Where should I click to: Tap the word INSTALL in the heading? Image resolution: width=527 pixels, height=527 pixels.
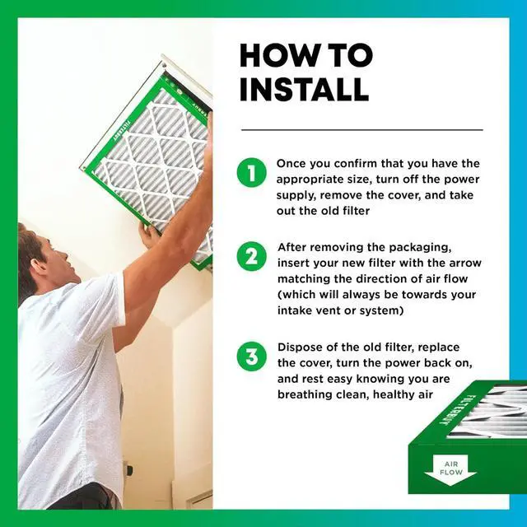(x=304, y=90)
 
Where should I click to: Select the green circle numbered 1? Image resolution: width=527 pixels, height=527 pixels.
(x=252, y=173)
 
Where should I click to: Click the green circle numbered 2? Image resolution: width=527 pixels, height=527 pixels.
(x=252, y=256)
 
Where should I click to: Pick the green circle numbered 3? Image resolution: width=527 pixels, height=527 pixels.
(x=252, y=357)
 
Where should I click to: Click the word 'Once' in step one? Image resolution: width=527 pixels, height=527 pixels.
(x=291, y=164)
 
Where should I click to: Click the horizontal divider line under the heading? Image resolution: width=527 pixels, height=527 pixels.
(x=362, y=130)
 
